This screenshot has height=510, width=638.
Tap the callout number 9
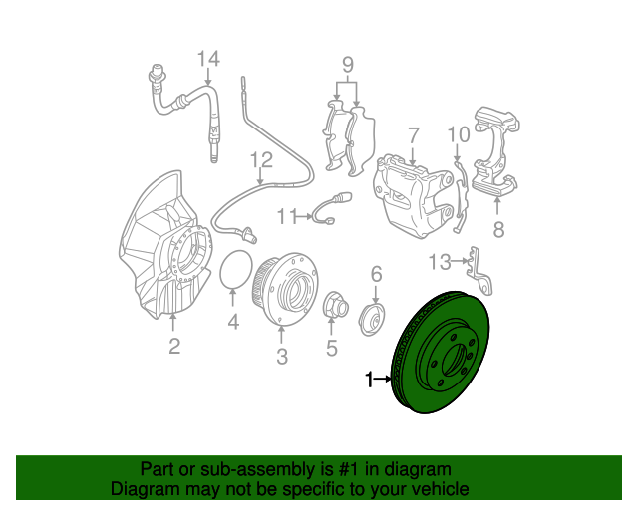coord(348,66)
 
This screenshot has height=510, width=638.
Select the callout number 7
coord(413,133)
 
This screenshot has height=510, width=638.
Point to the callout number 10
coord(458,134)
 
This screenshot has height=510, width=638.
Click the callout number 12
coord(260,159)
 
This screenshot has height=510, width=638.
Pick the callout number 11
coord(287,214)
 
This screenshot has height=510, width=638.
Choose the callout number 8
coord(498,230)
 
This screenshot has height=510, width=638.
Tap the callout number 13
coord(440,262)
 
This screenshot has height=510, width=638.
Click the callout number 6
coord(376,275)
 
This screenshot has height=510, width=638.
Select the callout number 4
coord(233,321)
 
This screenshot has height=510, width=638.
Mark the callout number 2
coord(174,346)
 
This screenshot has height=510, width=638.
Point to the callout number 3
coord(281,356)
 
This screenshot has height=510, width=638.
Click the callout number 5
coord(332,348)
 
